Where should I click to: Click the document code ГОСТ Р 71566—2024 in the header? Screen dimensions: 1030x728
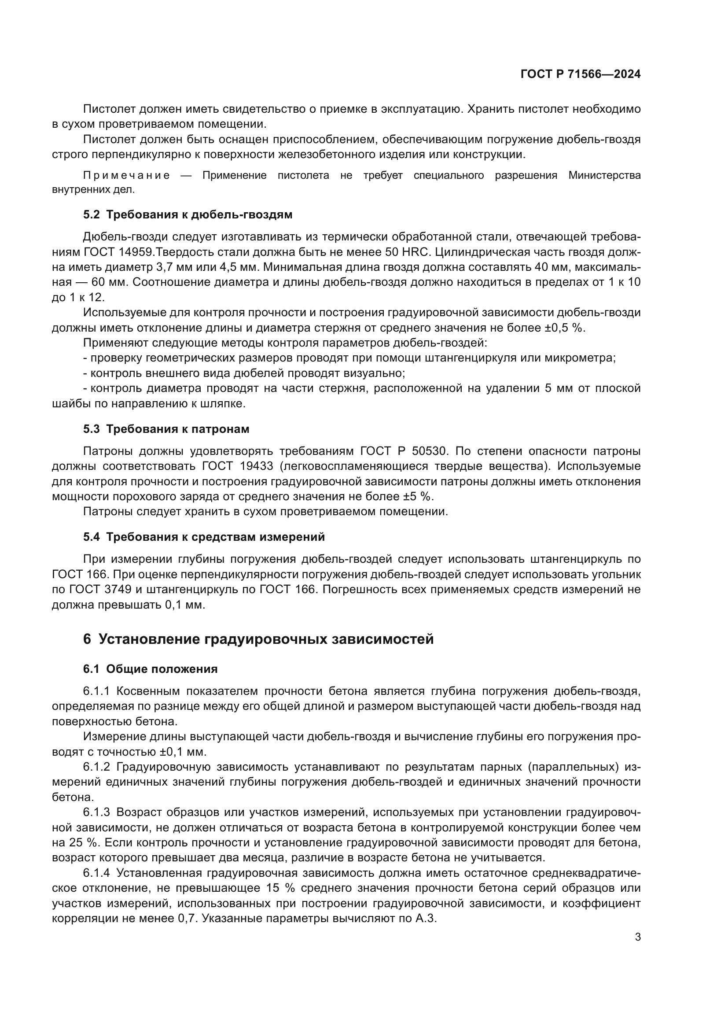(x=580, y=74)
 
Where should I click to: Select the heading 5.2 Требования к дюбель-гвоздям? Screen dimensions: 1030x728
(x=188, y=215)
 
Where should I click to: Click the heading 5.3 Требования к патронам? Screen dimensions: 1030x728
(x=166, y=429)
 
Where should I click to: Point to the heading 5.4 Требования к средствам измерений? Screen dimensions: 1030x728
(x=203, y=537)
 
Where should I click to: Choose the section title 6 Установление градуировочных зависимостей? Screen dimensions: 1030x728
(x=258, y=639)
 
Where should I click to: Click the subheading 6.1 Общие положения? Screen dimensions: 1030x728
(x=150, y=669)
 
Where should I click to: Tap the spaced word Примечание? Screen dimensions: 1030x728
(x=126, y=175)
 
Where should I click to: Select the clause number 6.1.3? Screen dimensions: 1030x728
(x=96, y=812)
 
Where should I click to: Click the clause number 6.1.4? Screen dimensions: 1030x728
(x=96, y=873)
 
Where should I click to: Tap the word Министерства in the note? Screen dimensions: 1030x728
(x=604, y=175)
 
